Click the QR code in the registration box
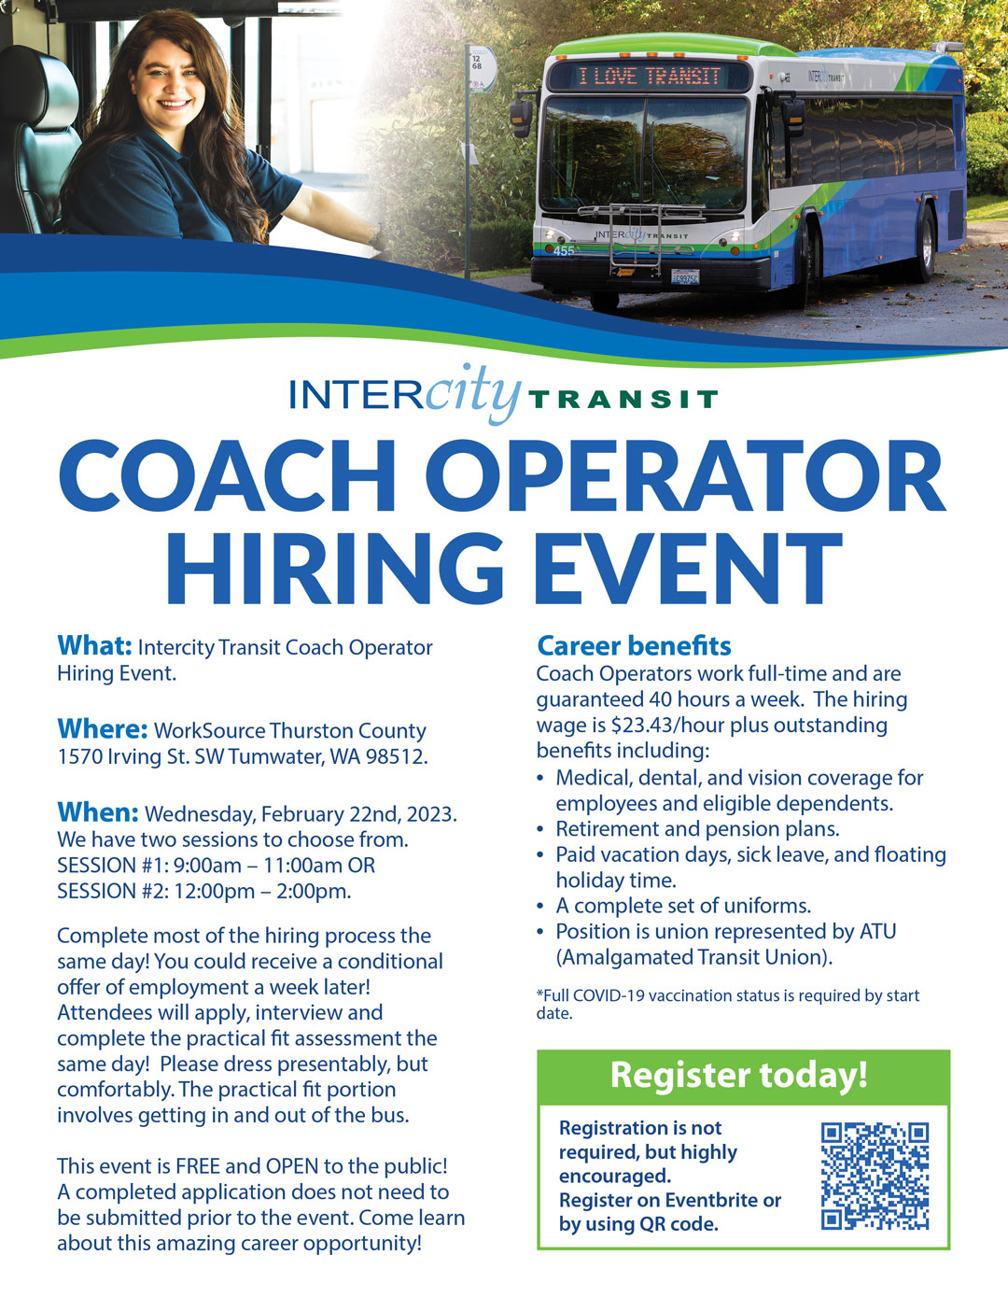(875, 1176)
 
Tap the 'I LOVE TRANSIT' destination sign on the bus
(649, 76)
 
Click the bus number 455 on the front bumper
(563, 250)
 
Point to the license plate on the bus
(685, 276)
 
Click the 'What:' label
(94, 645)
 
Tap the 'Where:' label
(102, 728)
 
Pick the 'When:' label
(98, 812)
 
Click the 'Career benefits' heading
(634, 646)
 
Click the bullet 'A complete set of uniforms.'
(683, 906)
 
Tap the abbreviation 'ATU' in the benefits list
(877, 931)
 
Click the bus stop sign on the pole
(482, 69)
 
